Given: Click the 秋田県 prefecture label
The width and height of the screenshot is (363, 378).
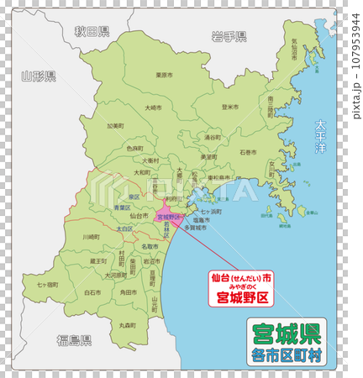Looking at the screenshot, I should (92, 32).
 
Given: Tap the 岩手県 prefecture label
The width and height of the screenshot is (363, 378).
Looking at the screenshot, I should (229, 36).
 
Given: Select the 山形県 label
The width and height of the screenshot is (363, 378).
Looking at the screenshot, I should (39, 76).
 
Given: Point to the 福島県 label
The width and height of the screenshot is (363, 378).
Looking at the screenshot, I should (74, 339).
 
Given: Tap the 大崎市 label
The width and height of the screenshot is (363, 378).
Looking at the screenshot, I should (154, 108).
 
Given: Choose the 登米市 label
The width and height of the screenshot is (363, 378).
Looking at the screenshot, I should (229, 107).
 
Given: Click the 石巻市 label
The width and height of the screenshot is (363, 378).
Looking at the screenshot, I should (249, 153).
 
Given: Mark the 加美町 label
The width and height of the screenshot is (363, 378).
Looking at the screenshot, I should (115, 127).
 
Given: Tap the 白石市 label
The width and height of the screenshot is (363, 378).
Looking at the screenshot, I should (92, 292).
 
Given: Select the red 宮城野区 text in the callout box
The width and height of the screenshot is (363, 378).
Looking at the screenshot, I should (242, 297).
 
